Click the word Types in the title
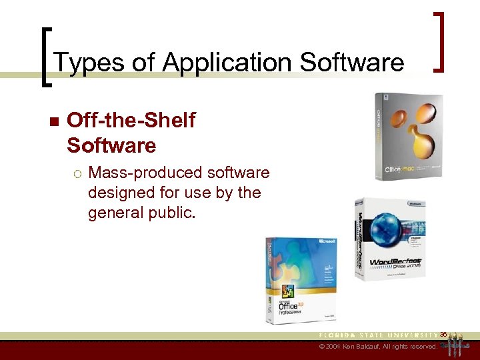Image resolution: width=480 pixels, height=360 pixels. (79, 63)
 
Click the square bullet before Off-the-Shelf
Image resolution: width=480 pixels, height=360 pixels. (53, 122)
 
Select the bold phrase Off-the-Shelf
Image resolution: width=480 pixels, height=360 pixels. (131, 121)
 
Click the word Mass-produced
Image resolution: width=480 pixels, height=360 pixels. (145, 173)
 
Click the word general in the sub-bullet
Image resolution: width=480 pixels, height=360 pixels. (113, 214)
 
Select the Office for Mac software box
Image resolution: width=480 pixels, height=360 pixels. (408, 137)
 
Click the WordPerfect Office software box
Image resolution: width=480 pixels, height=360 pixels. (390, 239)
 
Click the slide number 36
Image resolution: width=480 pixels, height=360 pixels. (443, 333)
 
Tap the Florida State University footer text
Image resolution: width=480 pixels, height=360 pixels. (379, 334)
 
